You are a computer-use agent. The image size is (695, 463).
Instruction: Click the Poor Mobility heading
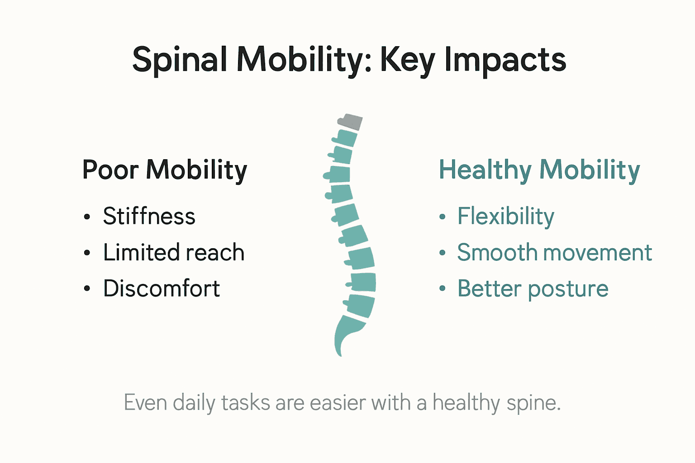tap(165, 170)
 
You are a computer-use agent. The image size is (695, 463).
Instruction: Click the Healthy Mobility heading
tap(539, 170)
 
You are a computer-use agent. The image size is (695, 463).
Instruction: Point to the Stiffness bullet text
tap(149, 216)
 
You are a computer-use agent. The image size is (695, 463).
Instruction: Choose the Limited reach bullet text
tap(174, 252)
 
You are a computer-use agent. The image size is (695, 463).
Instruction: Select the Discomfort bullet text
tap(162, 288)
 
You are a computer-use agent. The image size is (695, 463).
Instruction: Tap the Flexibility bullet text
tap(505, 216)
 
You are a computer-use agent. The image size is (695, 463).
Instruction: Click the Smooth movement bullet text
tap(554, 252)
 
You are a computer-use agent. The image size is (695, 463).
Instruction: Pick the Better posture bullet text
tap(533, 288)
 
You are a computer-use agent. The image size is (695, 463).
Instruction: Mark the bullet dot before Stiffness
tap(87, 217)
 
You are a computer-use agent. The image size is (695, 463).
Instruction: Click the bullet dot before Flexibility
tap(443, 217)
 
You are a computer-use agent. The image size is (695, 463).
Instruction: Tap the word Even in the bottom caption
tap(145, 403)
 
